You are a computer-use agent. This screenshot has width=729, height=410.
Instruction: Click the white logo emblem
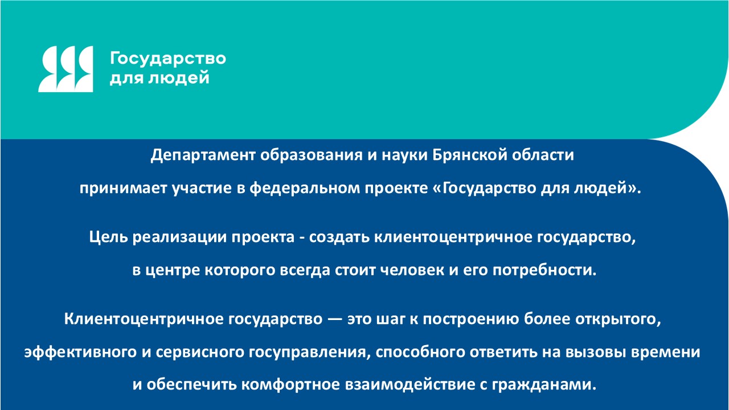[x=65, y=69]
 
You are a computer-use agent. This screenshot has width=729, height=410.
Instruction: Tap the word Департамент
[x=202, y=155]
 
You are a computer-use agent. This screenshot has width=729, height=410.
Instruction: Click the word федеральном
[x=304, y=188]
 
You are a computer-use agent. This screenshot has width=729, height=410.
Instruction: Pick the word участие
[x=202, y=188]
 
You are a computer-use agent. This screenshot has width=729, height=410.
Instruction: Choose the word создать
[x=339, y=237]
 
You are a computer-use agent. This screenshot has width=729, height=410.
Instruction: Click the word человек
[x=412, y=270]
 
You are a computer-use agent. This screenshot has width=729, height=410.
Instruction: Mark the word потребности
[x=544, y=270]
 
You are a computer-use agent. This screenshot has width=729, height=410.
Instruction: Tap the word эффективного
[x=80, y=352]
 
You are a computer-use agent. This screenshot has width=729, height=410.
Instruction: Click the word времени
[x=666, y=352]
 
